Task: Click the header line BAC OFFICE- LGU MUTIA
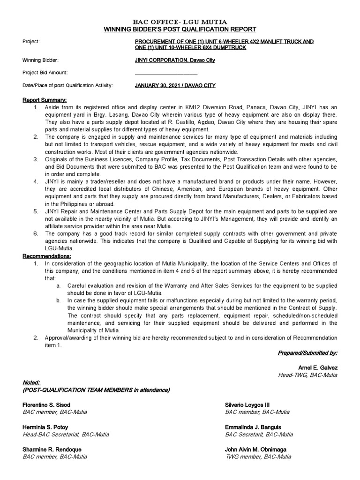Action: coord(180,22)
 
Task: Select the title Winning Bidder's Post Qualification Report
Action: coord(180,29)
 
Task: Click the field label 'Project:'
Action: coord(31,42)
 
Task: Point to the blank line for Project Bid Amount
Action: coord(166,74)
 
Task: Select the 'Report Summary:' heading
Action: coord(45,100)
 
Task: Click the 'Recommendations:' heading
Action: coord(47,256)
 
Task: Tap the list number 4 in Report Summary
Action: coord(36,181)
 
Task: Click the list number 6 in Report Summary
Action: coord(36,233)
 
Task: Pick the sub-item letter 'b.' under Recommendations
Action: coord(58,300)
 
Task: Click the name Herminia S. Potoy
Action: coord(45,427)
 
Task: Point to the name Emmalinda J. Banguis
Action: coord(254,427)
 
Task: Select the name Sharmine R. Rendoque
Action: coord(52,450)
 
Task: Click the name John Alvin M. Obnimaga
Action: coord(256,450)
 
